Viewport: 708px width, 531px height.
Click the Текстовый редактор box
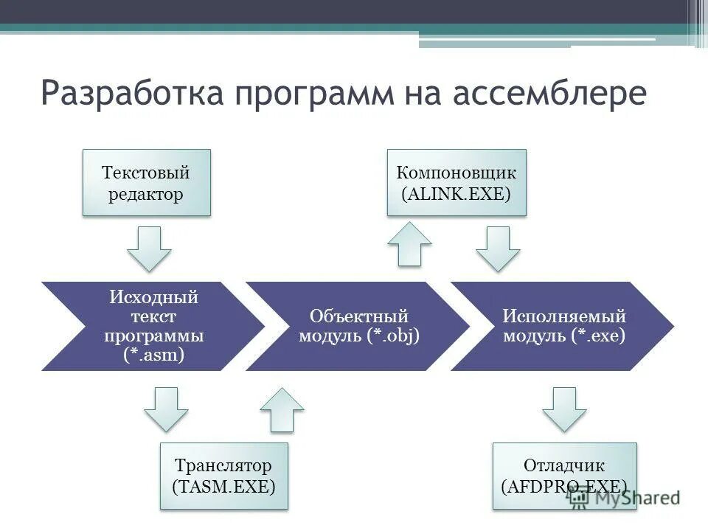point(146,183)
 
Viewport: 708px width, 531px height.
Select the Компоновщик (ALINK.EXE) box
point(457,183)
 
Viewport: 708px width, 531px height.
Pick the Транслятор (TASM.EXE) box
point(223,476)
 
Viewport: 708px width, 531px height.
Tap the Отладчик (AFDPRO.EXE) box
point(564,476)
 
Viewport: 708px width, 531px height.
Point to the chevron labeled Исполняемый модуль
point(564,326)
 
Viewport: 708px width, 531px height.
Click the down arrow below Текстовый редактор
point(149,249)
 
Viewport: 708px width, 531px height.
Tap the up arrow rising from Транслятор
point(282,409)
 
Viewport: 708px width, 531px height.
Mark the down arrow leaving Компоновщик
point(498,249)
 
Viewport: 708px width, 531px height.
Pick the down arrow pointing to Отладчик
point(565,409)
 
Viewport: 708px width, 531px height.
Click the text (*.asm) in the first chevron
point(153,355)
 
